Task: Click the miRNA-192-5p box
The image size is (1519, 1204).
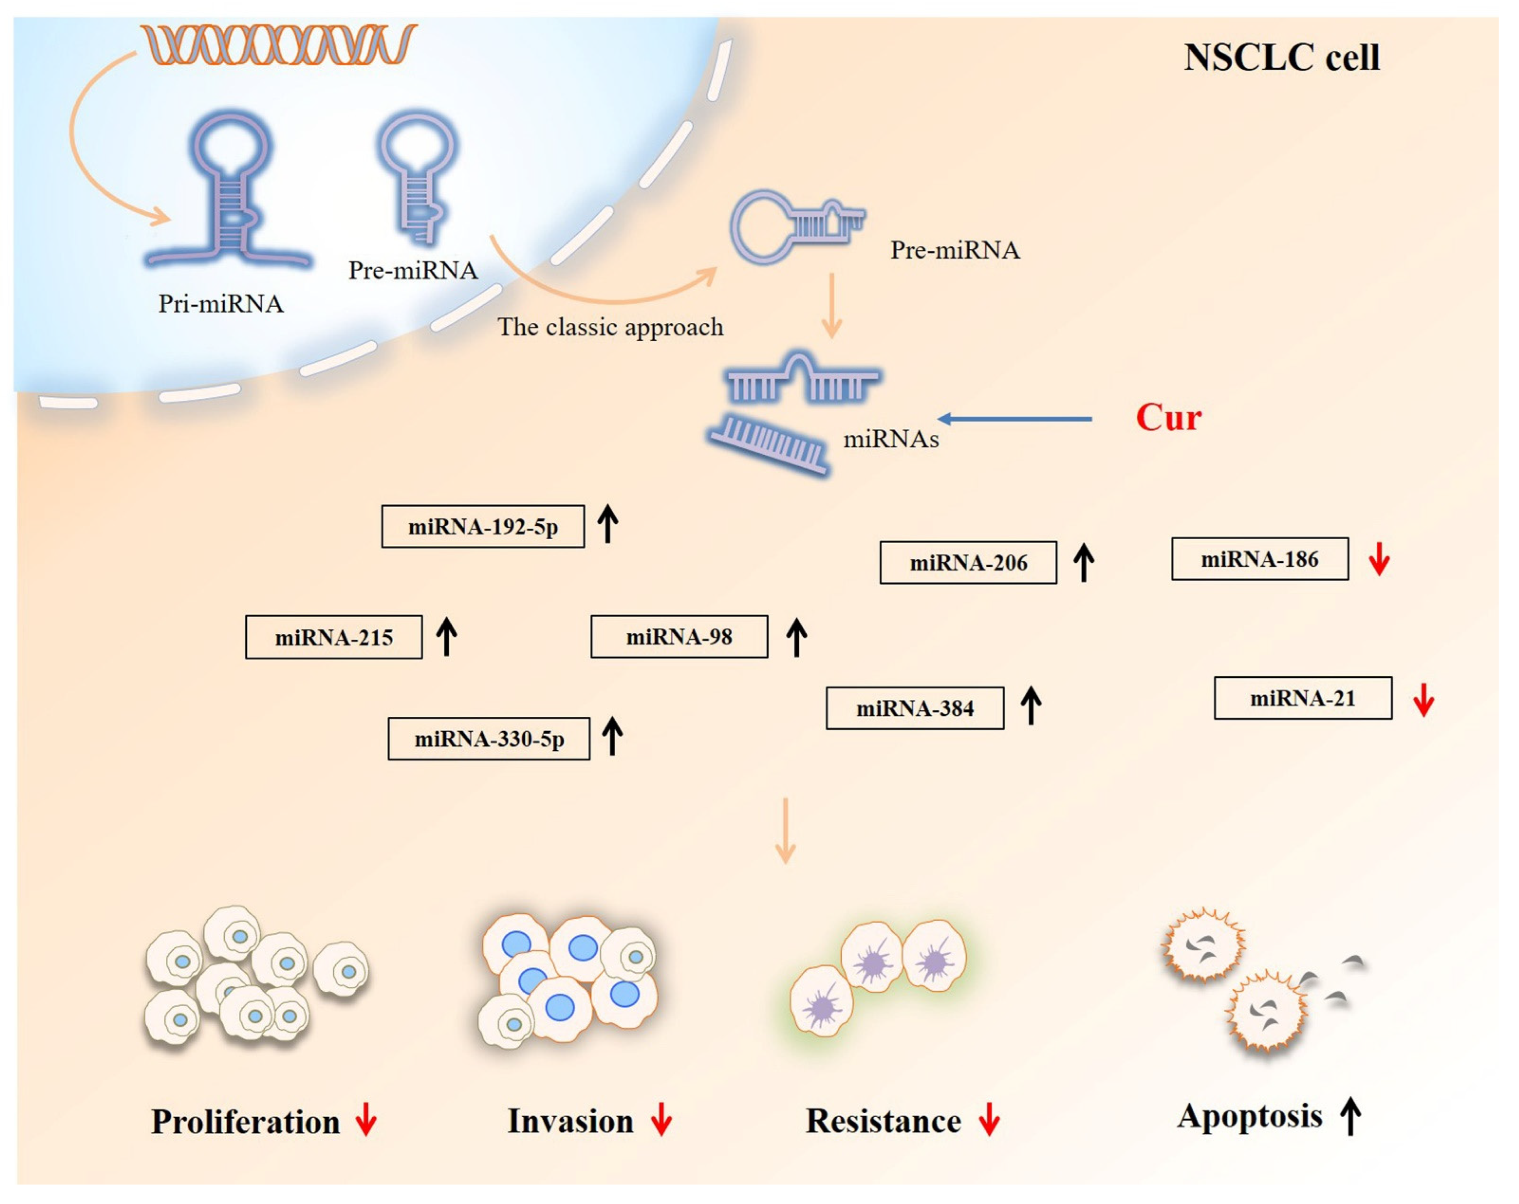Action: click(x=483, y=526)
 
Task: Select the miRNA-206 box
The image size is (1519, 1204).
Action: click(x=968, y=562)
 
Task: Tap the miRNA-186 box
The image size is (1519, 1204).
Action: click(x=1260, y=559)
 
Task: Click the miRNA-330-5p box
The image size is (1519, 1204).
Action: click(x=489, y=738)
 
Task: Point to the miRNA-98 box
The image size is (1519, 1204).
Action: click(x=679, y=636)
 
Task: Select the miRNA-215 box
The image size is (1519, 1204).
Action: click(x=334, y=637)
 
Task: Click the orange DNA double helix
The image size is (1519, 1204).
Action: click(x=278, y=44)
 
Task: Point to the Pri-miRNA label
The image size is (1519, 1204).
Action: click(x=220, y=304)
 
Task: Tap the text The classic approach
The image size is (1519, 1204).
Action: click(x=610, y=327)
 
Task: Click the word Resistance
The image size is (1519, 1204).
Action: click(x=883, y=1121)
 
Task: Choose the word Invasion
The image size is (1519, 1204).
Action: click(x=570, y=1121)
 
